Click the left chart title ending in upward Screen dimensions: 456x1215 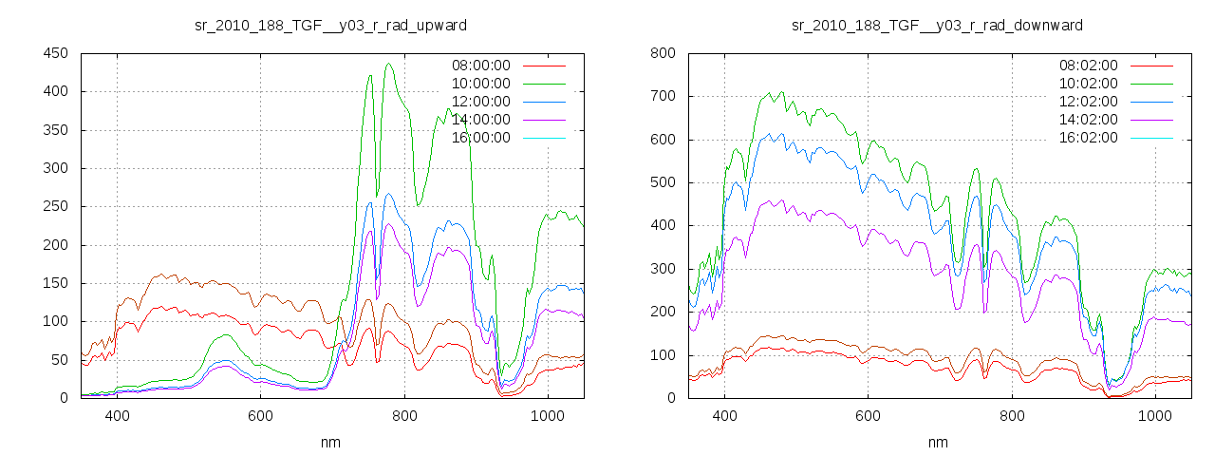(x=330, y=25)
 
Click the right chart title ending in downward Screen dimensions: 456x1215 (x=937, y=25)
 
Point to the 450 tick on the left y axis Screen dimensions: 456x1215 (x=55, y=54)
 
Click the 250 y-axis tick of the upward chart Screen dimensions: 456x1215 (x=55, y=207)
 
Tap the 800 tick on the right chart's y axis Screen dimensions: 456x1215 (x=663, y=54)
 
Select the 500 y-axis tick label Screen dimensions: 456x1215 (x=663, y=183)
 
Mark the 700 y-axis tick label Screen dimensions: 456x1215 (x=663, y=97)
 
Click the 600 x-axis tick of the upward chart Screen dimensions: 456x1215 (x=261, y=416)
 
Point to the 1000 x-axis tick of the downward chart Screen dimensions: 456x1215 (x=1154, y=416)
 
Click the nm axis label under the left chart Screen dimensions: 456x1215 (x=330, y=443)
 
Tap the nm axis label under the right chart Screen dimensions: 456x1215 (x=938, y=443)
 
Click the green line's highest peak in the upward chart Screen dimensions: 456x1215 (x=389, y=65)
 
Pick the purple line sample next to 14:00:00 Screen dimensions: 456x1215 (x=547, y=120)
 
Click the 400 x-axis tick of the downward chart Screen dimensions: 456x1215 (x=724, y=416)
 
